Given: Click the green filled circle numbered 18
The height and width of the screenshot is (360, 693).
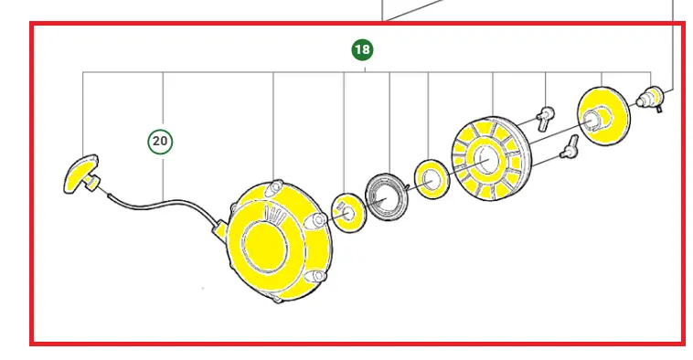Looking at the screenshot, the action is tap(362, 49).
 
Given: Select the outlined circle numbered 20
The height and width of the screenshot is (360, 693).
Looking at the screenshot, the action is tap(160, 142).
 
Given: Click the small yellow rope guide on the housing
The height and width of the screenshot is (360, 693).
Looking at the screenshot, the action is tap(219, 231).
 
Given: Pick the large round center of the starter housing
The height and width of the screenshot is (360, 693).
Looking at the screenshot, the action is tap(264, 246).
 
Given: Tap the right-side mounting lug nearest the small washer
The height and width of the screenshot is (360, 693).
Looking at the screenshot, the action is tap(318, 221).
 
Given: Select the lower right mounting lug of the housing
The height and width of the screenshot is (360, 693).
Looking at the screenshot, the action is tap(317, 277).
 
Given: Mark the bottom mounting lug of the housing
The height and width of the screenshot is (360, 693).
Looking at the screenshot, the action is tap(277, 300).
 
